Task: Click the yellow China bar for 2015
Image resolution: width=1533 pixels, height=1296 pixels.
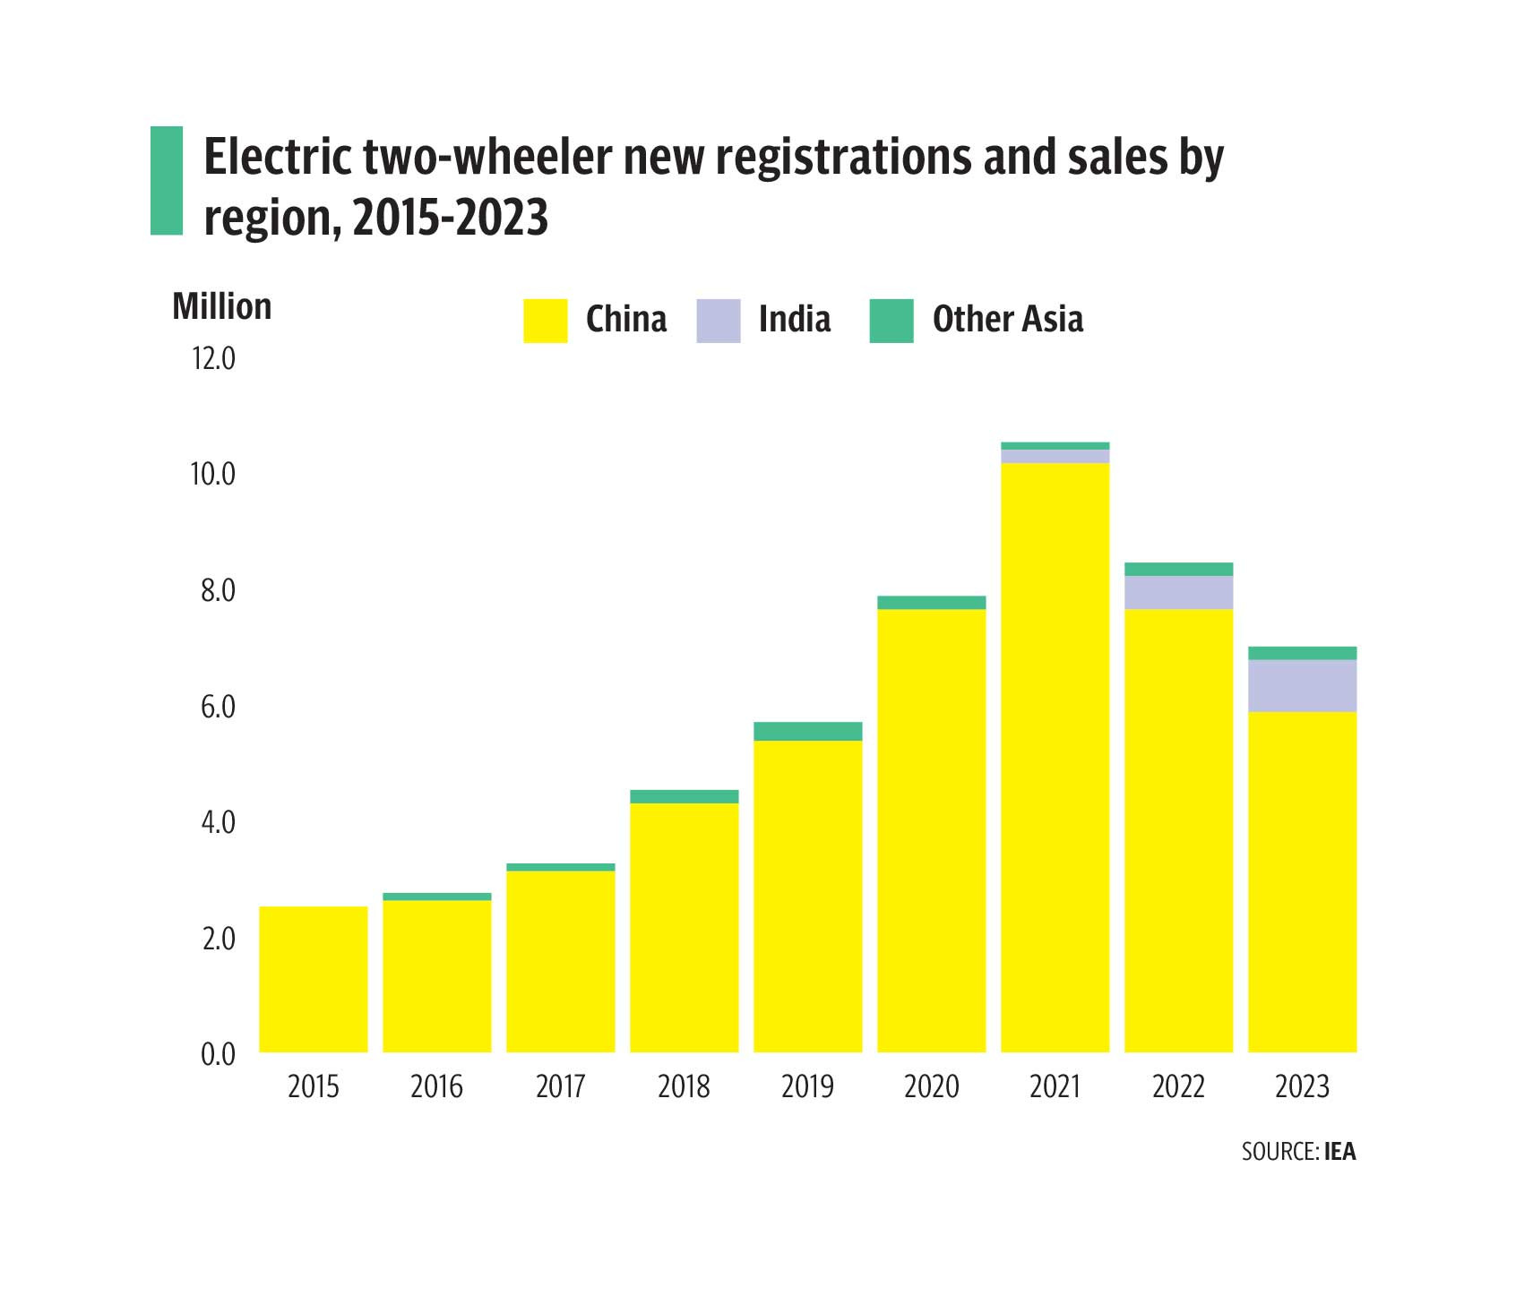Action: (x=313, y=979)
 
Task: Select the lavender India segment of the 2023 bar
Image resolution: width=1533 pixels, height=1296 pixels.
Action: (x=1302, y=686)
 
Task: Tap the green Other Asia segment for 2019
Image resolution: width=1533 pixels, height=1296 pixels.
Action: (x=807, y=731)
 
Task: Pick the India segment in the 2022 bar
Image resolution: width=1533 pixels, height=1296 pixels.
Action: (x=1178, y=592)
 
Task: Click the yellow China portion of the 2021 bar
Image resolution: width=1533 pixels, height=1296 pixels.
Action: (x=1055, y=757)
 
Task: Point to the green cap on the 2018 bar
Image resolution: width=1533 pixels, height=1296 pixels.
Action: (x=684, y=796)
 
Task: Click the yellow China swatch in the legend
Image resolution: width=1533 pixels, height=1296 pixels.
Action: (x=545, y=321)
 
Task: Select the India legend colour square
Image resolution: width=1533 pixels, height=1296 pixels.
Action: (x=718, y=321)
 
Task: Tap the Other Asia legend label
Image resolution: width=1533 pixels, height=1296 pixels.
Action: (x=1007, y=320)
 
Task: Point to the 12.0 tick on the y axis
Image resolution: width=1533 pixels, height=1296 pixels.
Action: (x=213, y=358)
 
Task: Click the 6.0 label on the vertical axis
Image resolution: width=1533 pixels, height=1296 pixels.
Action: (x=218, y=707)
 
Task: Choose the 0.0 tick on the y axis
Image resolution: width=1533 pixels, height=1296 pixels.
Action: (x=218, y=1054)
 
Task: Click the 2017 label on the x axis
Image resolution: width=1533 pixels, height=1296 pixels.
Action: (x=560, y=1086)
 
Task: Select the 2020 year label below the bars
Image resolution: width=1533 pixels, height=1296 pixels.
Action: (x=931, y=1086)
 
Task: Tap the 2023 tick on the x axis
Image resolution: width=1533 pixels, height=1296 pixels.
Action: (x=1302, y=1086)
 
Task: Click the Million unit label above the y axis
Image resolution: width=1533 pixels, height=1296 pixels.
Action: (x=221, y=306)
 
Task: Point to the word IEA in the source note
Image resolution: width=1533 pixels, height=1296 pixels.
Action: (x=1339, y=1151)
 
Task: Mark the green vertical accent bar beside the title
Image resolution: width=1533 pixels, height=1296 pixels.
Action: (x=166, y=181)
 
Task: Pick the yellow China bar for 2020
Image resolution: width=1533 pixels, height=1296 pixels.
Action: (x=931, y=830)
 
